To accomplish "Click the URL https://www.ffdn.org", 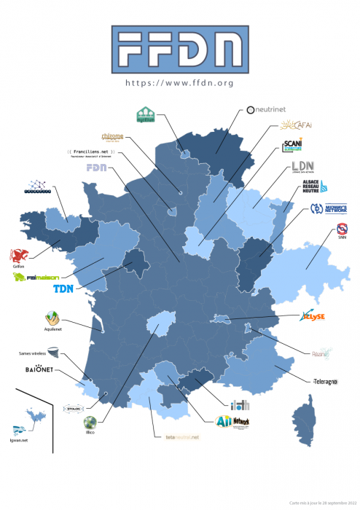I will [179, 83].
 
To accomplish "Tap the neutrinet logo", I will [269, 109].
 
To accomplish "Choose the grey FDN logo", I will [96, 168].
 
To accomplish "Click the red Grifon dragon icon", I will [19, 255].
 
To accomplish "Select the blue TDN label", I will [64, 289].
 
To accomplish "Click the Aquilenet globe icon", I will [51, 318].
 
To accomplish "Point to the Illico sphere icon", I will [88, 423].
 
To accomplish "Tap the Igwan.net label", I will [20, 441].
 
